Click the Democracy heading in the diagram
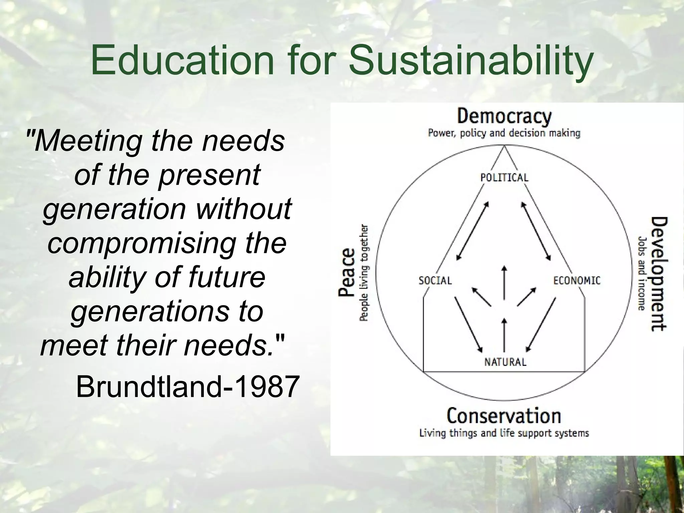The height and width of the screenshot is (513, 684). pos(504,117)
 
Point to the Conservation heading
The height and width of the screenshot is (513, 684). pos(504,416)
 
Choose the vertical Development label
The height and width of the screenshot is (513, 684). pos(659,274)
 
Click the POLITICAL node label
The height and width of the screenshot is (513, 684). pos(504,177)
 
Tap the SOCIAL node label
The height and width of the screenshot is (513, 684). pos(435,281)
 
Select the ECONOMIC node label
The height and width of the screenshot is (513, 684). pos(577,281)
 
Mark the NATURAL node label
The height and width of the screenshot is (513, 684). pos(505,362)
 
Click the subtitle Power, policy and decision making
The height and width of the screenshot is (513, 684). pos(504,133)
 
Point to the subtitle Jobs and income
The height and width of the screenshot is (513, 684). pos(642,274)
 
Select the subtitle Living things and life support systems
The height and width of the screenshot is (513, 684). pos(504,433)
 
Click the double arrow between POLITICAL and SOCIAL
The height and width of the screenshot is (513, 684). pos(473,230)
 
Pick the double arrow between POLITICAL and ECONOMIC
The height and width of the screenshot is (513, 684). pos(536,230)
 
